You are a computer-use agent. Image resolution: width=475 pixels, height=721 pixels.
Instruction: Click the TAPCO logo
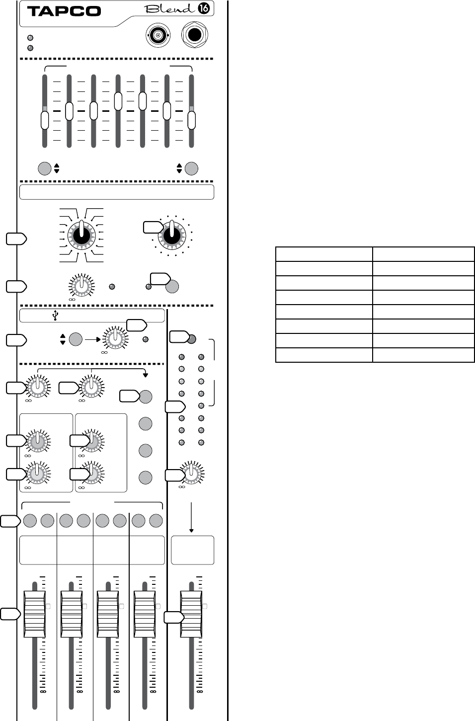pyautogui.click(x=64, y=10)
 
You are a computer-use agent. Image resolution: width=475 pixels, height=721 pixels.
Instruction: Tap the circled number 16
pyautogui.click(x=203, y=9)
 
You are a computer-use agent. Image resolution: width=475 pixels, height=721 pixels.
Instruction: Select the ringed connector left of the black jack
pyautogui.click(x=158, y=36)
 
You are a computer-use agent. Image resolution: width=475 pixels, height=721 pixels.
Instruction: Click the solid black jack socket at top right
pyautogui.click(x=195, y=35)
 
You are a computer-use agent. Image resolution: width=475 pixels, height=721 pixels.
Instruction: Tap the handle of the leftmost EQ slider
pyautogui.click(x=45, y=120)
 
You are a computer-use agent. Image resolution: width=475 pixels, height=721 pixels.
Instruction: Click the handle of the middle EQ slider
pyautogui.click(x=118, y=101)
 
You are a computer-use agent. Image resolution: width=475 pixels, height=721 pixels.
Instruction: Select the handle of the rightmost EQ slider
pyautogui.click(x=191, y=120)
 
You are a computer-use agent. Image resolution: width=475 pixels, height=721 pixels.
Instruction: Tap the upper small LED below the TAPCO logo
pyautogui.click(x=30, y=38)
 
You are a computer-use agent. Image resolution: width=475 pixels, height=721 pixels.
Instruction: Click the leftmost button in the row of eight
pyautogui.click(x=29, y=521)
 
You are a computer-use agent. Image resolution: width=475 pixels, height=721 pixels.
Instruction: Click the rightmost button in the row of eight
pyautogui.click(x=156, y=521)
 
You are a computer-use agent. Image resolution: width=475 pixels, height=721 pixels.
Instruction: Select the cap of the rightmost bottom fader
pyautogui.click(x=191, y=612)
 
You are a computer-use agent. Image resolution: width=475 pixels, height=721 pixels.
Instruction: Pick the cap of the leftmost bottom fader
pyautogui.click(x=34, y=612)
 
